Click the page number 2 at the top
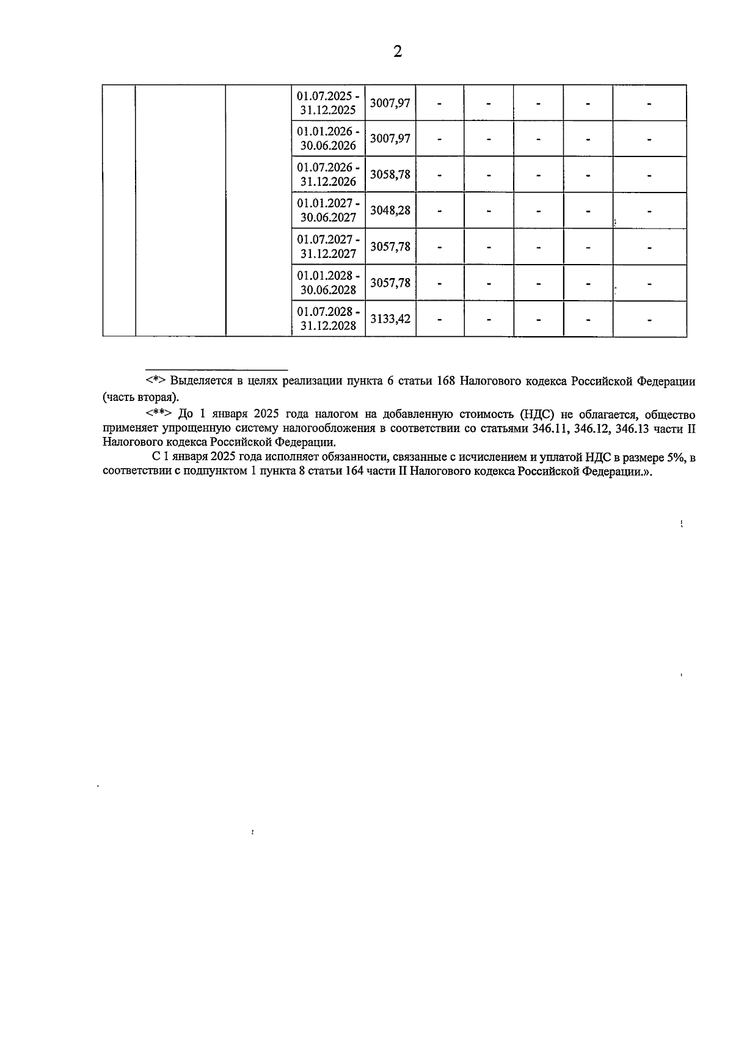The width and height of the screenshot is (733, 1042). (398, 52)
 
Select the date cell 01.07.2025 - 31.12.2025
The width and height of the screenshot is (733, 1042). (329, 103)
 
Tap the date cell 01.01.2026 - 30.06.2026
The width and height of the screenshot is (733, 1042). (329, 139)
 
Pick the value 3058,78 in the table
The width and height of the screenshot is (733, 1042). (390, 175)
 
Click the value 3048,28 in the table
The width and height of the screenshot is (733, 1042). (390, 211)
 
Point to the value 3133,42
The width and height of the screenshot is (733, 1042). (390, 318)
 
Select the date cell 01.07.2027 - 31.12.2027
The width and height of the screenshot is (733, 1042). (329, 247)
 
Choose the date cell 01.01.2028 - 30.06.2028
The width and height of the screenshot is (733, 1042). (329, 283)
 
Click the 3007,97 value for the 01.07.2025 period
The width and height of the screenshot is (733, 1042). (390, 103)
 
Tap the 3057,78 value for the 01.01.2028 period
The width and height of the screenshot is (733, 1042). (390, 283)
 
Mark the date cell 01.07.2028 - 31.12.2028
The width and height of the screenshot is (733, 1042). (329, 318)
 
